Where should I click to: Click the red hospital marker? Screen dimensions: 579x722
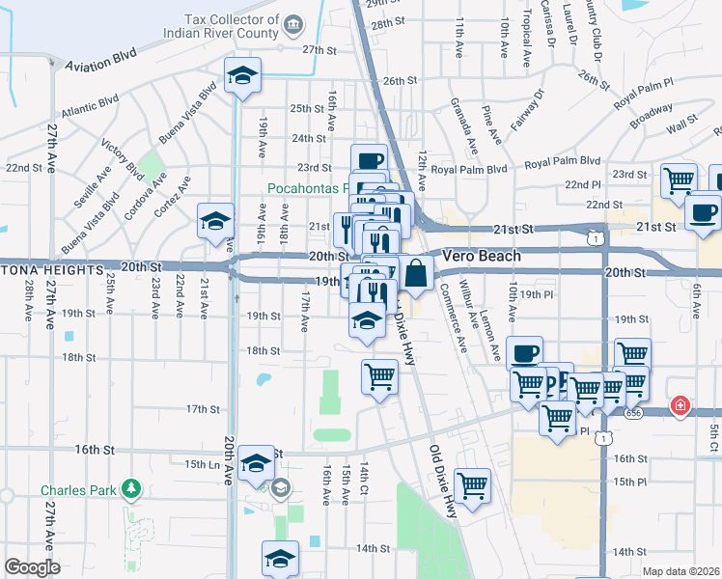coord(680,405)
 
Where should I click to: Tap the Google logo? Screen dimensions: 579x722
coord(32,567)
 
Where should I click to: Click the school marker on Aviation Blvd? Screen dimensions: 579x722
coord(241,74)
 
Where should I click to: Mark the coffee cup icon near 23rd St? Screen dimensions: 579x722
coord(368,160)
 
